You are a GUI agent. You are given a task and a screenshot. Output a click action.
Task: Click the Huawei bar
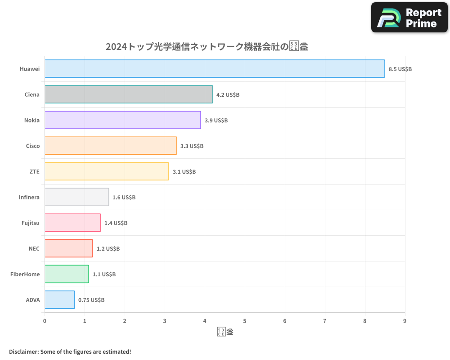(215, 69)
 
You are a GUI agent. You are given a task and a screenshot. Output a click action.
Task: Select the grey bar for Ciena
(129, 94)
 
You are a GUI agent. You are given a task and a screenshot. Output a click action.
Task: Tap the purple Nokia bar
(122, 120)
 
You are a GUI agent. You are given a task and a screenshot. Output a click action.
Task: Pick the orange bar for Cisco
(111, 146)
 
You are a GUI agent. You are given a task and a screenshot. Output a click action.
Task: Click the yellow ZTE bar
(107, 171)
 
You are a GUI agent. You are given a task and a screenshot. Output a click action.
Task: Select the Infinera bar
(76, 197)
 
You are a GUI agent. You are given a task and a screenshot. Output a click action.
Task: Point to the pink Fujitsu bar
(72, 223)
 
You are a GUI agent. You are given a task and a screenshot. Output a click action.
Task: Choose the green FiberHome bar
(67, 274)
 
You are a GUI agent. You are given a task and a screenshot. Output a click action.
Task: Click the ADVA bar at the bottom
(59, 300)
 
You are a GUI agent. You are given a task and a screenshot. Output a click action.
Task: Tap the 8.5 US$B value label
(400, 69)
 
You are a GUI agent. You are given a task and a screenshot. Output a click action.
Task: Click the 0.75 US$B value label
(91, 300)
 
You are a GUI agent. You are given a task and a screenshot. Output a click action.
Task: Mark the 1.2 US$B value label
(108, 249)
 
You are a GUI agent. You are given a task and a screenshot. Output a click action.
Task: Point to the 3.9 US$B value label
(216, 121)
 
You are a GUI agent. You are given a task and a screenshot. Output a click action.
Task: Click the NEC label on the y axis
(34, 249)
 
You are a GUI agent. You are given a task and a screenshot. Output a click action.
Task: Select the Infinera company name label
(29, 198)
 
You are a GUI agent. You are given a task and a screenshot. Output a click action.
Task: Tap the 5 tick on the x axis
(245, 321)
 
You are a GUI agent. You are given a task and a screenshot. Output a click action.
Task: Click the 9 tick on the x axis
(405, 321)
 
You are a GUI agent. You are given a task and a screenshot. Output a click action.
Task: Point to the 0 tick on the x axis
(45, 321)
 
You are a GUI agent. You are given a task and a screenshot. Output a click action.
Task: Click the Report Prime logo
(409, 18)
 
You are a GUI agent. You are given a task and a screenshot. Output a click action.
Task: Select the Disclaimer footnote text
(70, 351)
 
